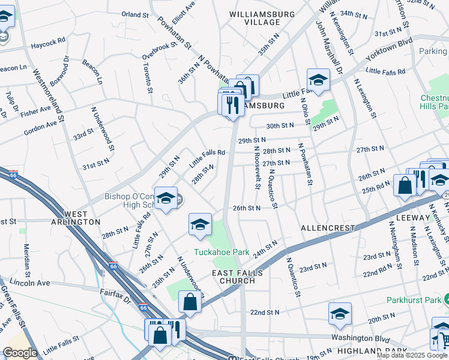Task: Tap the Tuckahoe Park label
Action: pyautogui.click(x=220, y=253)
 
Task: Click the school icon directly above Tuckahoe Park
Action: pyautogui.click(x=200, y=225)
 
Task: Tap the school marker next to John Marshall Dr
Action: pyautogui.click(x=318, y=80)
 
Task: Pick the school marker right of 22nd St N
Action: pyautogui.click(x=340, y=314)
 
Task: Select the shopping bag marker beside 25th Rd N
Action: pyautogui.click(x=405, y=185)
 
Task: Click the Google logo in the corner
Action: pyautogui.click(x=20, y=353)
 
